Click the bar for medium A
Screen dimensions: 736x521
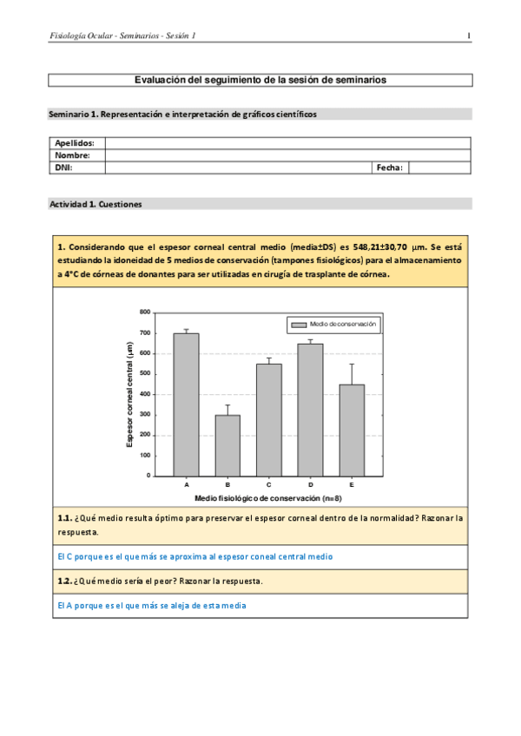[187, 404]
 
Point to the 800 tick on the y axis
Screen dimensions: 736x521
[145, 312]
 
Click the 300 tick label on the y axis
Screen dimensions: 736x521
[145, 414]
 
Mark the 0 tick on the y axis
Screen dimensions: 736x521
[148, 476]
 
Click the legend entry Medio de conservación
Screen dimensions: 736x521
[333, 323]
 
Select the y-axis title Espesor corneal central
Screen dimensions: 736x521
[130, 394]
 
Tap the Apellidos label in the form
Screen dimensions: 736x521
[74, 143]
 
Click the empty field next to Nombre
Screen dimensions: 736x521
[287, 155]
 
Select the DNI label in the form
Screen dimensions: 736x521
[63, 168]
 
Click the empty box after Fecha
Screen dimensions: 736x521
[439, 168]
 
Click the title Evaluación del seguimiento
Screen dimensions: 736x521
[260, 80]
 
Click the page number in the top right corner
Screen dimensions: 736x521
[469, 36]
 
